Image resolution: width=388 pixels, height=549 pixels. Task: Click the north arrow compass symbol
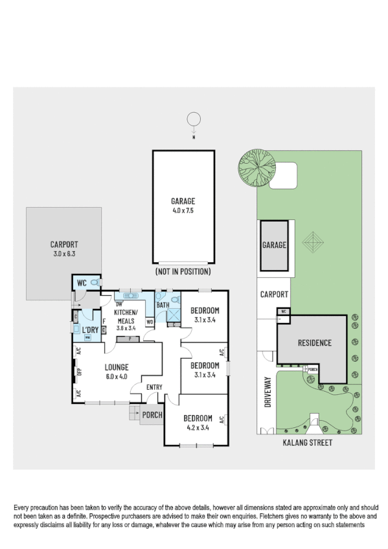click(x=192, y=120)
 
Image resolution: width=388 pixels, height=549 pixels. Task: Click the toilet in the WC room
click(x=95, y=283)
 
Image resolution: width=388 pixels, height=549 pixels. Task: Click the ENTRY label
click(x=154, y=387)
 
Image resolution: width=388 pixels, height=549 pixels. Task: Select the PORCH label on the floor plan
click(x=152, y=415)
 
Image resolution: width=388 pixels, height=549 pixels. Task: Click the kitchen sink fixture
click(x=132, y=295)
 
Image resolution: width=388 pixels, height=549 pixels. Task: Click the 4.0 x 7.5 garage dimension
click(x=183, y=210)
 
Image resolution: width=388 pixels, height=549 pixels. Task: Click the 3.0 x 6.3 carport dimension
click(x=64, y=254)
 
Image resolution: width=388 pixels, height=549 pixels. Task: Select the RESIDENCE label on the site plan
click(x=315, y=343)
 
